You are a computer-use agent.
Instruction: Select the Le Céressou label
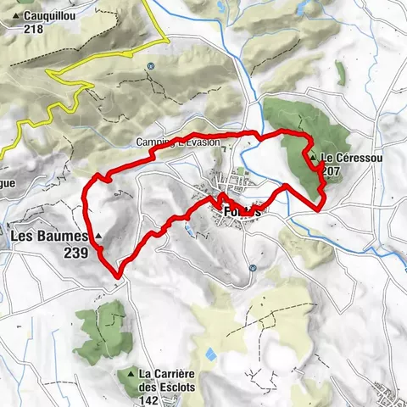(347, 159)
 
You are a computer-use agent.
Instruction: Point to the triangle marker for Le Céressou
(314, 158)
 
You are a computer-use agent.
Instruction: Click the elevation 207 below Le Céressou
(332, 171)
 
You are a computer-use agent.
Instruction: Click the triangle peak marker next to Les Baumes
(98, 235)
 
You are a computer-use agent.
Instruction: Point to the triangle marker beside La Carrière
(131, 372)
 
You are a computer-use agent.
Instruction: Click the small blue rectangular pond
(209, 353)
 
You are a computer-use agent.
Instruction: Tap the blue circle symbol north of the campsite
(149, 65)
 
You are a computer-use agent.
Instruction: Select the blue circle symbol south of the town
(253, 268)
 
